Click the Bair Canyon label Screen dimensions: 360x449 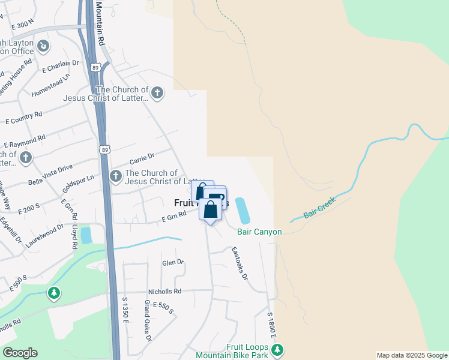click(259, 232)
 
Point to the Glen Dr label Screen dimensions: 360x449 click(172, 263)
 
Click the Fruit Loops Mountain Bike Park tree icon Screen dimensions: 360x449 click(278, 349)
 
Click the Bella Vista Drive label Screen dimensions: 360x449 click(50, 166)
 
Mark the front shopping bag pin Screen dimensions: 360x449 click(210, 211)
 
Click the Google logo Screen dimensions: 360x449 click(20, 353)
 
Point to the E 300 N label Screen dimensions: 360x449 click(23, 25)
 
